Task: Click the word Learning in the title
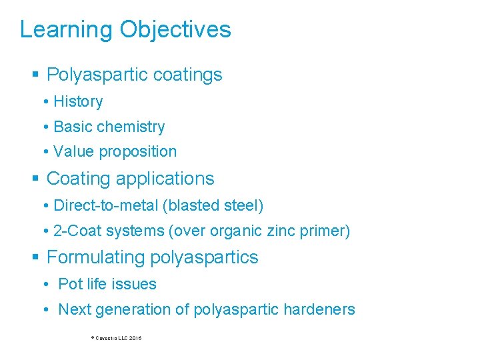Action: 66,30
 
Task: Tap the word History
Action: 78,101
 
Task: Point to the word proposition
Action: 137,152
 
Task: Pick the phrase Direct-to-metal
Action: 105,205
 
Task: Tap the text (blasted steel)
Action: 213,205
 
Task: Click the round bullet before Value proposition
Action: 45,152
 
